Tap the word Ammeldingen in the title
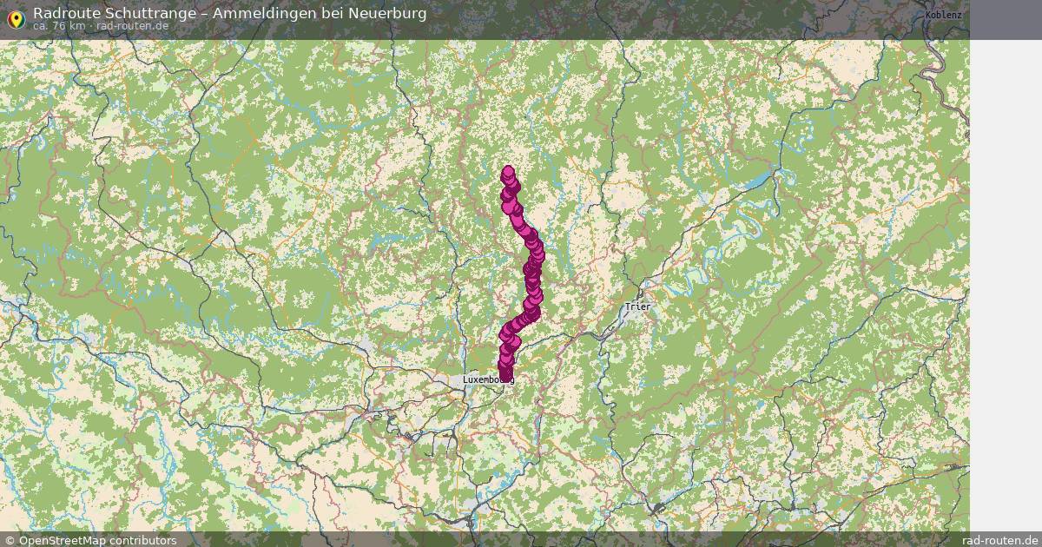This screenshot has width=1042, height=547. pyautogui.click(x=262, y=13)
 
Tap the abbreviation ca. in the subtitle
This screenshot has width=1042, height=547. pyautogui.click(x=43, y=26)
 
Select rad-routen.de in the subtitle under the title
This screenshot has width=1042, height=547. pyautogui.click(x=133, y=26)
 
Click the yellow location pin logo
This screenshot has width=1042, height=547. pyautogui.click(x=15, y=18)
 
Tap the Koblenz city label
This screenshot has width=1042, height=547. pyautogui.click(x=943, y=16)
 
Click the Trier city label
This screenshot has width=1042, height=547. pyautogui.click(x=637, y=306)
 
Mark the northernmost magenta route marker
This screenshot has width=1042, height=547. pyautogui.click(x=508, y=172)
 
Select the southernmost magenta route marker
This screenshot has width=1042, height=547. pyautogui.click(x=505, y=376)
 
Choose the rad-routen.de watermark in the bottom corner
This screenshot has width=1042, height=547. pyautogui.click(x=1000, y=540)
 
